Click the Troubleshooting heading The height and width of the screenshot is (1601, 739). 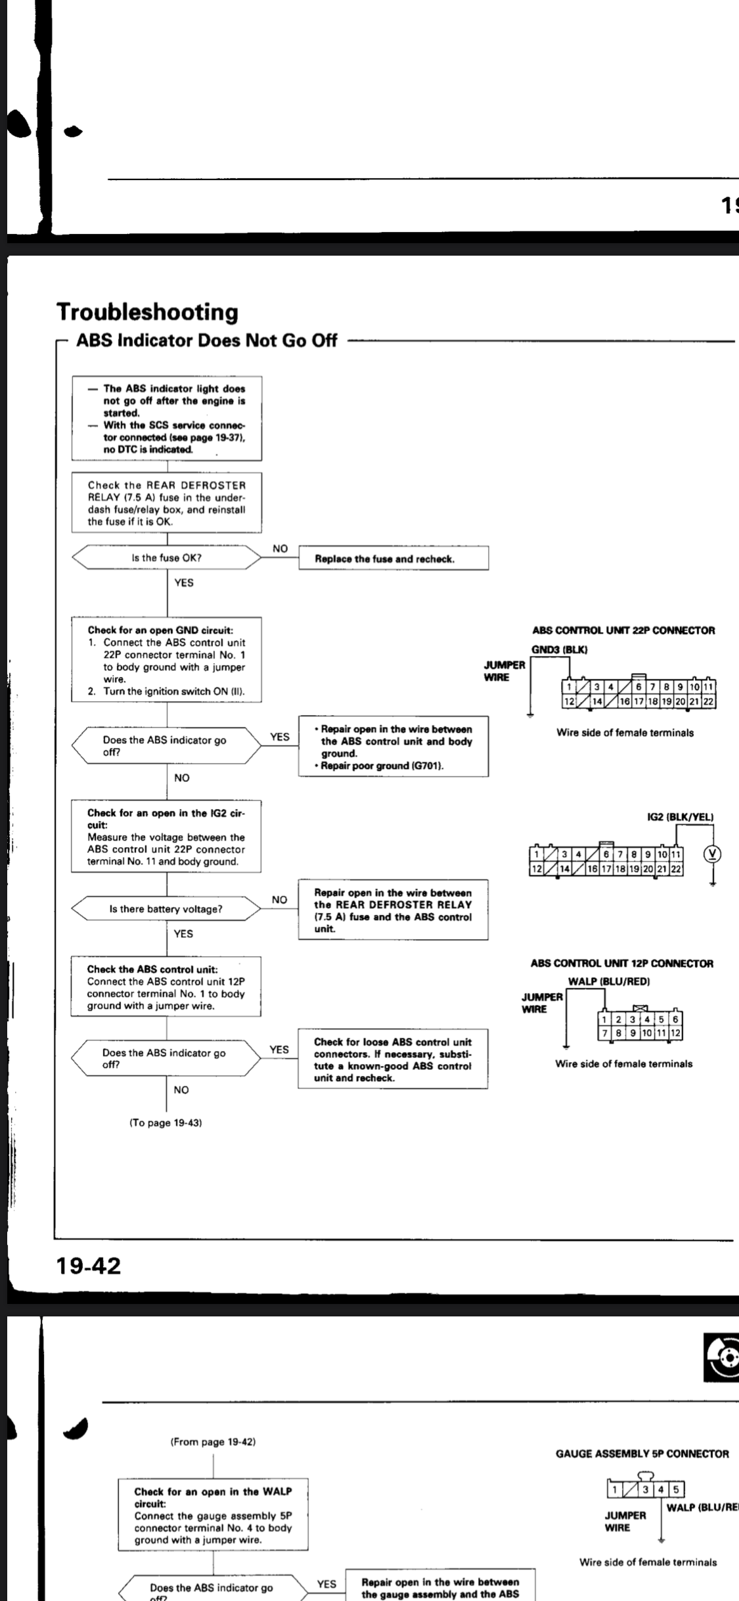click(147, 312)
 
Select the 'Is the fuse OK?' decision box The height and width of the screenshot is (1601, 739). click(166, 558)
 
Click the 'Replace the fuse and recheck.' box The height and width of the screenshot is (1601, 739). click(393, 559)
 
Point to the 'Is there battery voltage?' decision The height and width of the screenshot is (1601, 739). click(166, 909)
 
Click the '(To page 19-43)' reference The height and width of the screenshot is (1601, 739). click(166, 1123)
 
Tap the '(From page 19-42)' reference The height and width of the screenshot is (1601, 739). click(213, 1442)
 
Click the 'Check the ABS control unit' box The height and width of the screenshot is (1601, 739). click(166, 987)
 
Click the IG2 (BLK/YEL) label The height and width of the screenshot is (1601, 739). click(681, 817)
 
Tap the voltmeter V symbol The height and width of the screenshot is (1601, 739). click(713, 854)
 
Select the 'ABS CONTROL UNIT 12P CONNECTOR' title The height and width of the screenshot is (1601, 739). click(621, 963)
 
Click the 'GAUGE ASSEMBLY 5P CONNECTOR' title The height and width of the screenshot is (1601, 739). click(642, 1454)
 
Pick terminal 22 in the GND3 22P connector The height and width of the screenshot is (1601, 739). click(708, 702)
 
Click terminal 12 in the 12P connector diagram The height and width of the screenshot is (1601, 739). click(676, 1033)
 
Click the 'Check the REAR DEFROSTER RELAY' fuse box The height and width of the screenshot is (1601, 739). click(166, 503)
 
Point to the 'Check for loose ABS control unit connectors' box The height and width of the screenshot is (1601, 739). click(393, 1059)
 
